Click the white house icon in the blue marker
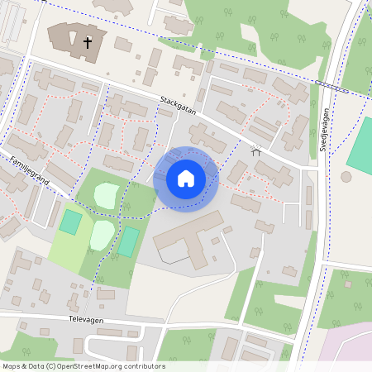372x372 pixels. (x=186, y=178)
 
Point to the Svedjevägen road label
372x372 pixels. (x=325, y=131)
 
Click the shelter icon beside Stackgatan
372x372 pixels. (x=255, y=150)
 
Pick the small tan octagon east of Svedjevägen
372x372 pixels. (x=346, y=176)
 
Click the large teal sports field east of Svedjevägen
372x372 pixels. (x=361, y=145)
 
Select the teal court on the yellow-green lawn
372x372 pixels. (x=71, y=222)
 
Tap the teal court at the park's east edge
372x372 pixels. (x=128, y=241)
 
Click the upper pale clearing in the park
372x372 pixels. (x=107, y=195)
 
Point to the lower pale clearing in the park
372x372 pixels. (x=102, y=234)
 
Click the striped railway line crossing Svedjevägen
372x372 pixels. (x=331, y=85)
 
